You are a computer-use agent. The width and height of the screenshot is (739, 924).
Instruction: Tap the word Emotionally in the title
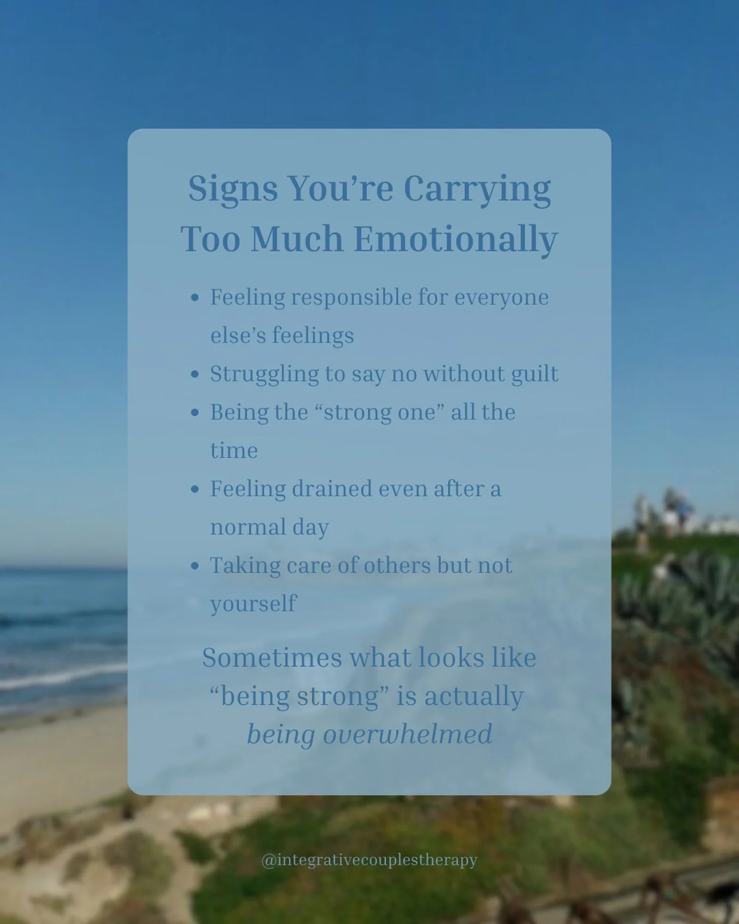[455, 240]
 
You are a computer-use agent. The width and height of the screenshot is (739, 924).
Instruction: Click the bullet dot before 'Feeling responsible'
[194, 298]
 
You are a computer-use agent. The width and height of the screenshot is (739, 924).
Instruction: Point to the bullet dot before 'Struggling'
[194, 375]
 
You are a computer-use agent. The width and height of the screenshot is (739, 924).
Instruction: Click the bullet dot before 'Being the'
[194, 413]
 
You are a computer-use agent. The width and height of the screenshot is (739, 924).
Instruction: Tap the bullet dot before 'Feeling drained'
[194, 490]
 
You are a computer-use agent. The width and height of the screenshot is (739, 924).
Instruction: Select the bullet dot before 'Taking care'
[194, 566]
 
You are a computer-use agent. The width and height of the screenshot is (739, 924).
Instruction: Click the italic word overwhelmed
[407, 734]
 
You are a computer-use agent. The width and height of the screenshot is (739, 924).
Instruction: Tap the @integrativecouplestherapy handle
[370, 860]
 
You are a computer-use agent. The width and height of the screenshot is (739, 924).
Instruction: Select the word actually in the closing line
[474, 697]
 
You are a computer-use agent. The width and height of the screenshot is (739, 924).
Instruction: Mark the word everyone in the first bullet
[501, 298]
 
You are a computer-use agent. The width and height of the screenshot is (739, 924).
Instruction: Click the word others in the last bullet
[397, 566]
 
